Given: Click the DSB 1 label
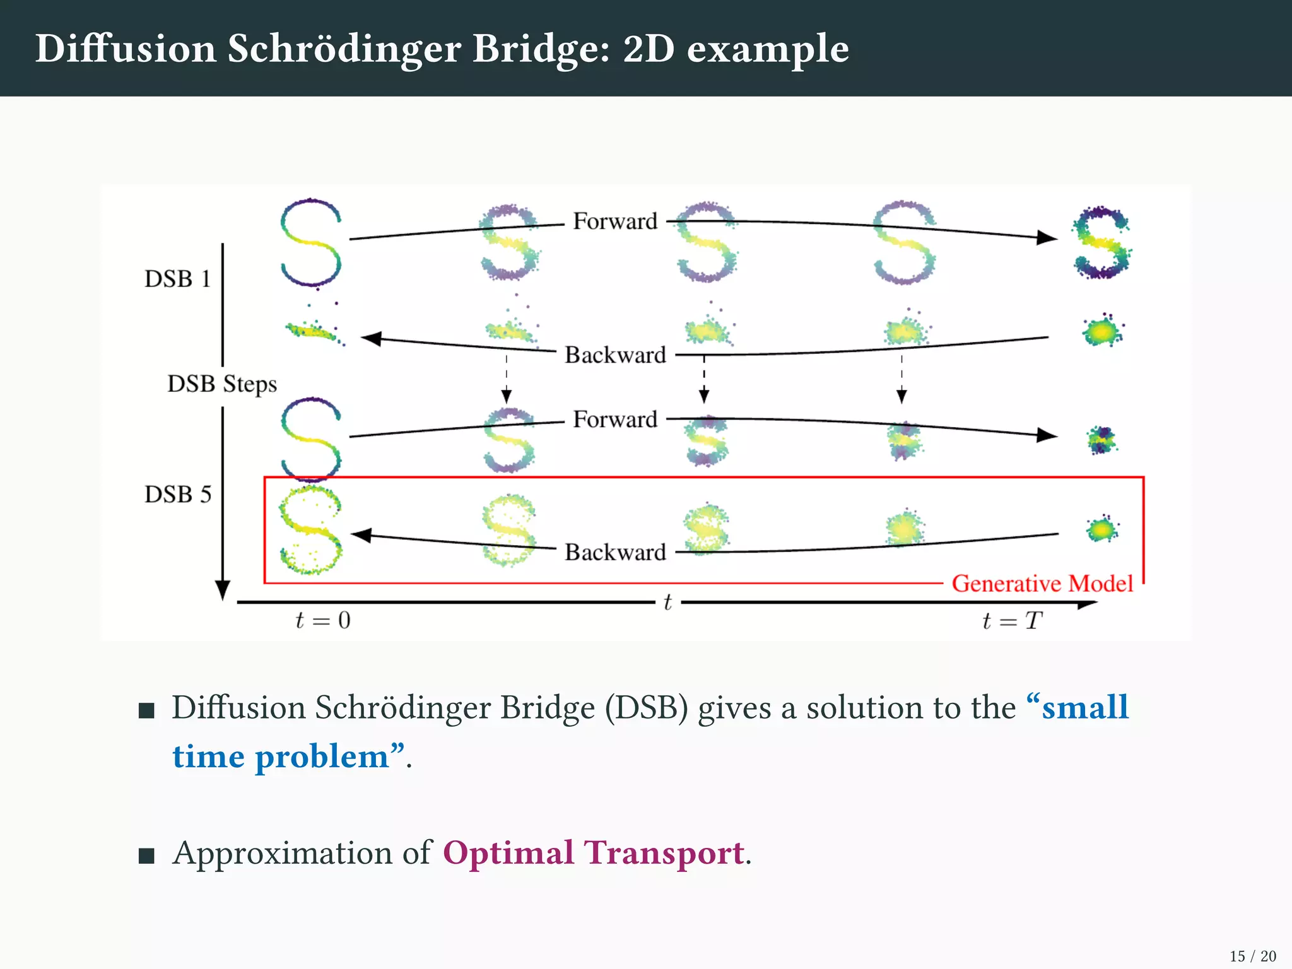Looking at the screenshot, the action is pos(177,279).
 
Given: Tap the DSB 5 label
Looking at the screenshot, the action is pos(177,495).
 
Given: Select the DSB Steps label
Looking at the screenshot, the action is pos(222,384).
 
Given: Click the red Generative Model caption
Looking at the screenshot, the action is pos(1042,584).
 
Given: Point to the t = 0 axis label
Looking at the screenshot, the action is pos(322,621).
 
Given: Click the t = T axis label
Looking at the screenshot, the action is pos(1012,621).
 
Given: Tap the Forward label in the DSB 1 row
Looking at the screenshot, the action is pos(615,221).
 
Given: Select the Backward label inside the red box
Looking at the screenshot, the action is pos(615,552).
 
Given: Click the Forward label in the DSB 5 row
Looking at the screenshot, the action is pos(615,420).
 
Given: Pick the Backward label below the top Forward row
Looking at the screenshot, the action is pos(615,355).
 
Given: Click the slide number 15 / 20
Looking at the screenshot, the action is pos(1252,956).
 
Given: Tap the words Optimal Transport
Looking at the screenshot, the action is pos(593,853).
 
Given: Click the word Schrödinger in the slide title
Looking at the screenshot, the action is pos(344,49).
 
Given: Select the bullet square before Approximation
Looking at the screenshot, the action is pos(146,855).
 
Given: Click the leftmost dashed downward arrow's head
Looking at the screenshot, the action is pos(507,397).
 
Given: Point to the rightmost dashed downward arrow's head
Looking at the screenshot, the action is pos(901,397).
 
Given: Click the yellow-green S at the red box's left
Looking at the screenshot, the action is pos(310,530).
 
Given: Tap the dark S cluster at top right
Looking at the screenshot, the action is pos(1101,242).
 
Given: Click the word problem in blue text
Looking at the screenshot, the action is pos(322,756).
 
